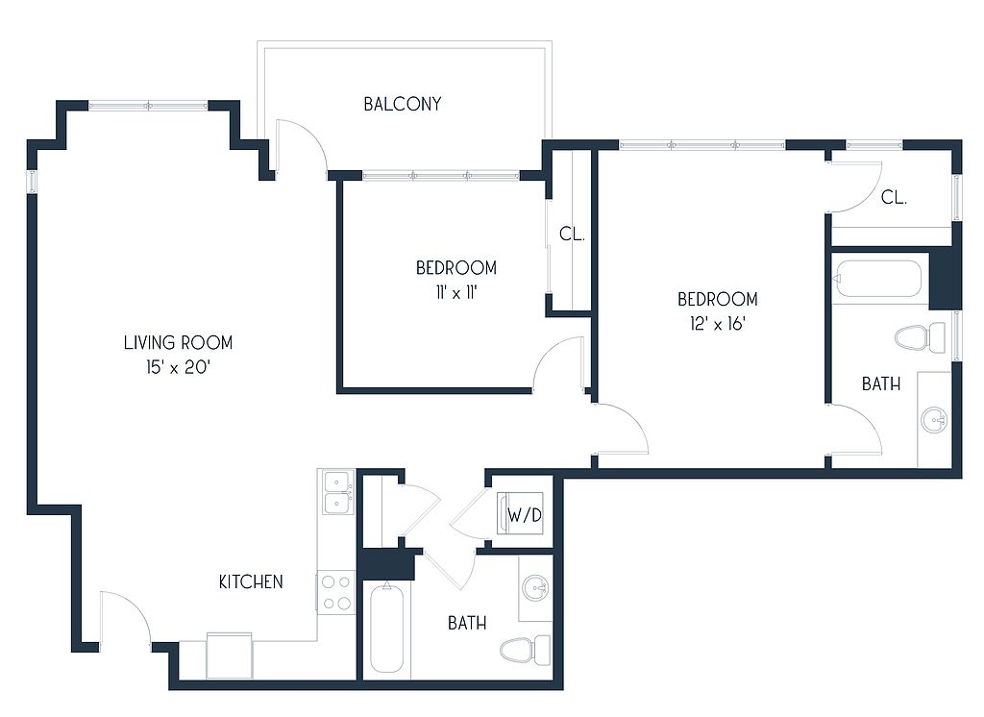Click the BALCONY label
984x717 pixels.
click(403, 104)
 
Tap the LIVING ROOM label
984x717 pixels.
click(178, 343)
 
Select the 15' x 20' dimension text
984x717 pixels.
click(178, 367)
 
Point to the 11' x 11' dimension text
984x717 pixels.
click(456, 292)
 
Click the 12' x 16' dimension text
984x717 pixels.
click(717, 323)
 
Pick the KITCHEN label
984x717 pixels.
click(251, 582)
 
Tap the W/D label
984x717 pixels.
click(525, 515)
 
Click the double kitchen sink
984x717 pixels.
click(337, 492)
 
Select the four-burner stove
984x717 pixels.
click(335, 592)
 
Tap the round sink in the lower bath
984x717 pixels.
click(536, 588)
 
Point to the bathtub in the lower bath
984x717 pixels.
click(386, 627)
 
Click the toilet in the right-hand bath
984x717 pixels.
click(920, 337)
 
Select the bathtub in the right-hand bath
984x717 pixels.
click(877, 278)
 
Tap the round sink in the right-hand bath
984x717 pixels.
click(935, 419)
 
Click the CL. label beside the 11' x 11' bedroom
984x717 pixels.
click(572, 235)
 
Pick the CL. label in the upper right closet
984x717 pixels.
click(894, 198)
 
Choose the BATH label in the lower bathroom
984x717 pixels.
click(467, 623)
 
